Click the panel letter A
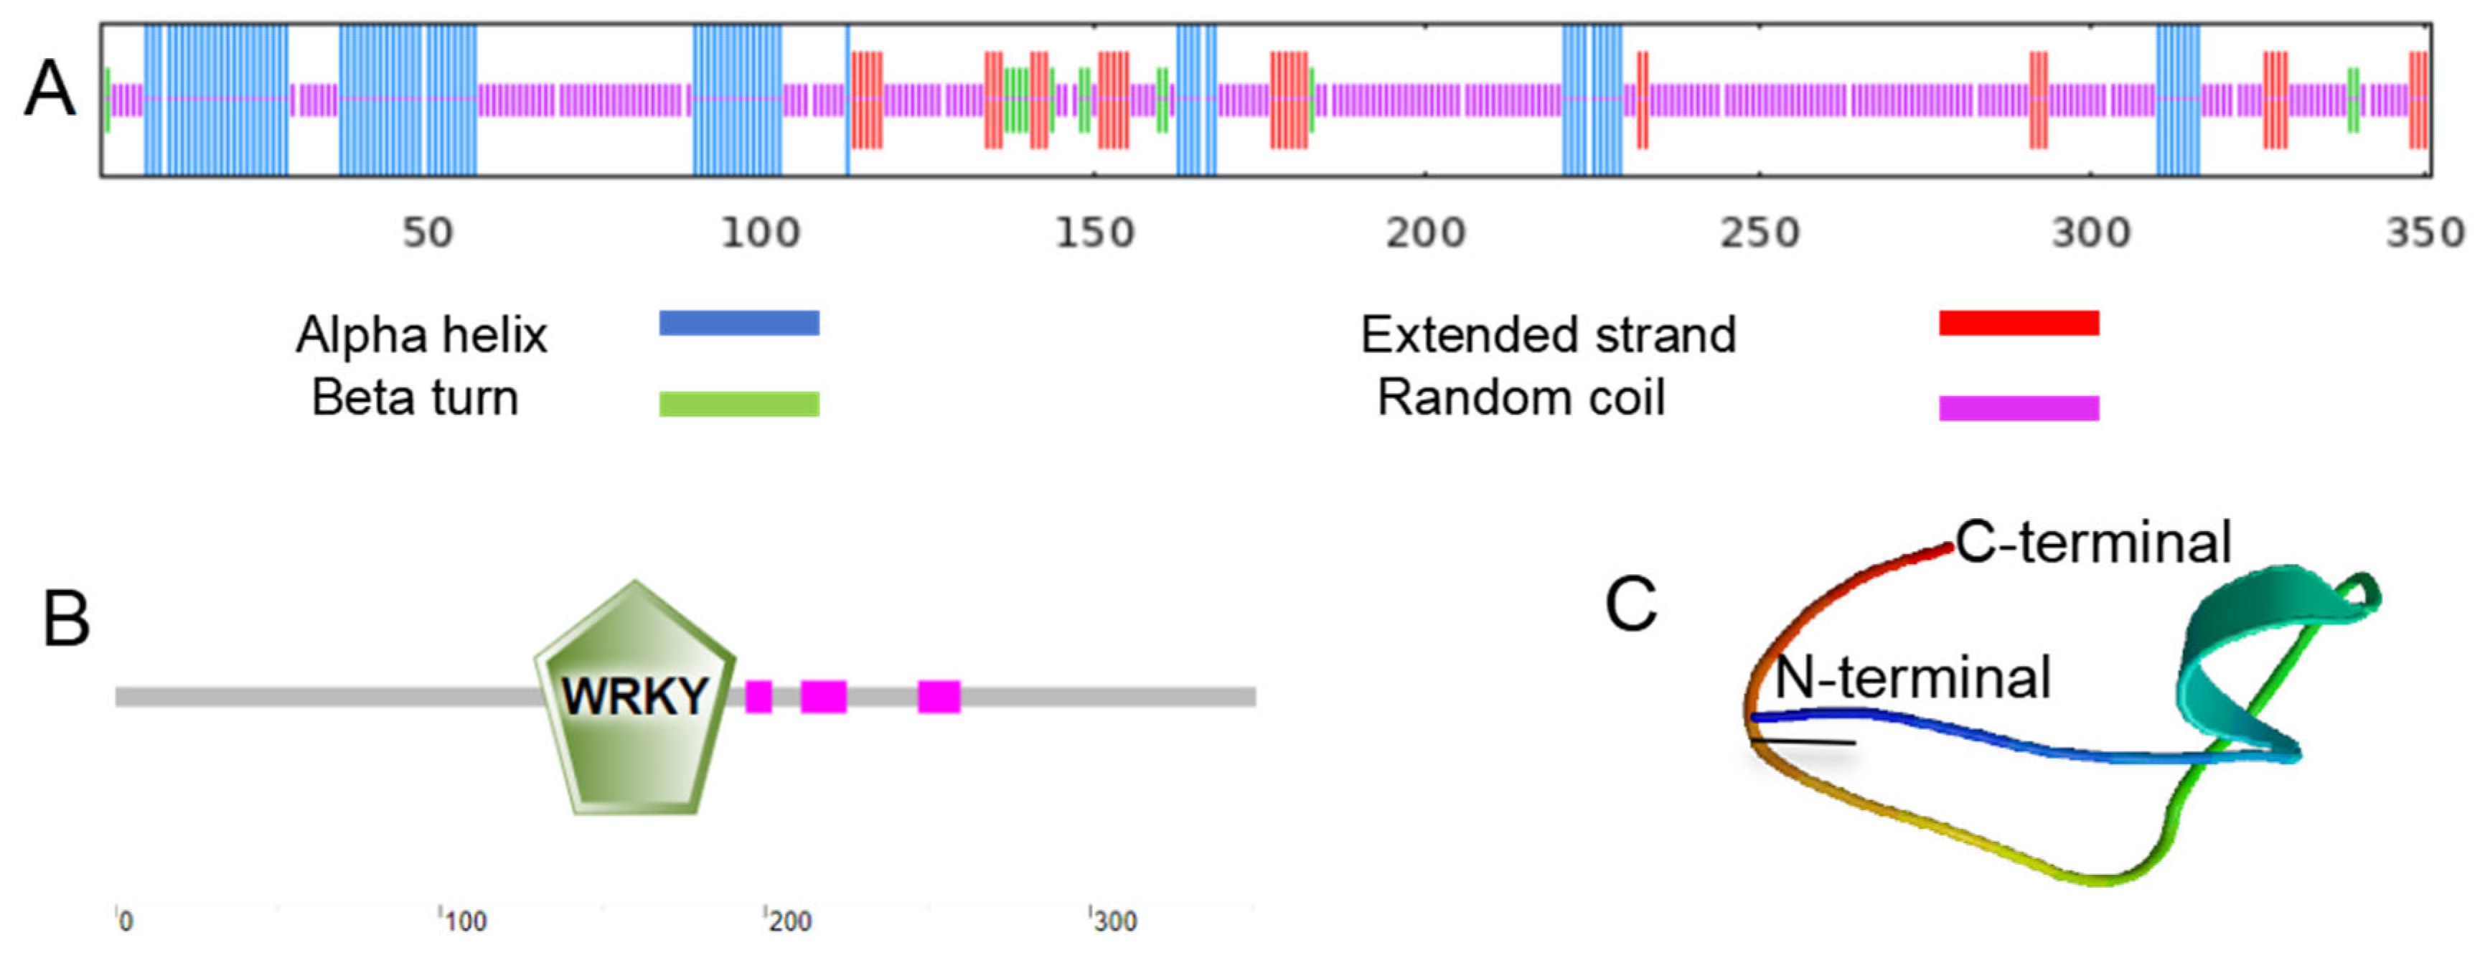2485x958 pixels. pyautogui.click(x=50, y=89)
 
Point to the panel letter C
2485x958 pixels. pyautogui.click(x=1630, y=605)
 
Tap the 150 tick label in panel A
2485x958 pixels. pyautogui.click(x=1094, y=233)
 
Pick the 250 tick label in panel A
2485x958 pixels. pyautogui.click(x=1760, y=233)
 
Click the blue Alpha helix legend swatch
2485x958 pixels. pyautogui.click(x=739, y=322)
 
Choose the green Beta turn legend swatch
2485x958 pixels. pyautogui.click(x=739, y=403)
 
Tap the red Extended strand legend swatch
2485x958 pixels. pyautogui.click(x=2019, y=322)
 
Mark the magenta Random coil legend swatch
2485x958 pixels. pyautogui.click(x=2019, y=407)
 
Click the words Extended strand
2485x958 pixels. pyautogui.click(x=1547, y=335)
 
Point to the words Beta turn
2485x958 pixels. pyautogui.click(x=415, y=398)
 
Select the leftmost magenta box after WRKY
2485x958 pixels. pyautogui.click(x=758, y=695)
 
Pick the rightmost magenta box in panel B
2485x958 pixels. pyautogui.click(x=939, y=695)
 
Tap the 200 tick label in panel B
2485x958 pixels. pyautogui.click(x=790, y=921)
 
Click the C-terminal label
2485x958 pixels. pyautogui.click(x=2093, y=543)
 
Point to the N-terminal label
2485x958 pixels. pyautogui.click(x=1912, y=677)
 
